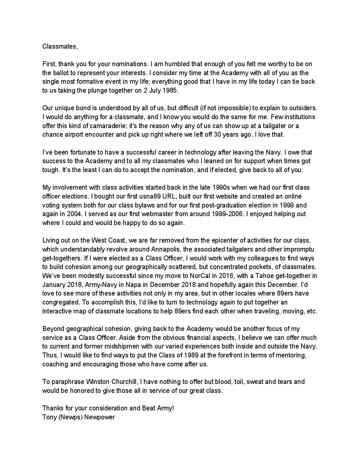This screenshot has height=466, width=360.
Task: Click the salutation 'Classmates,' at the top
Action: pos(60,46)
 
